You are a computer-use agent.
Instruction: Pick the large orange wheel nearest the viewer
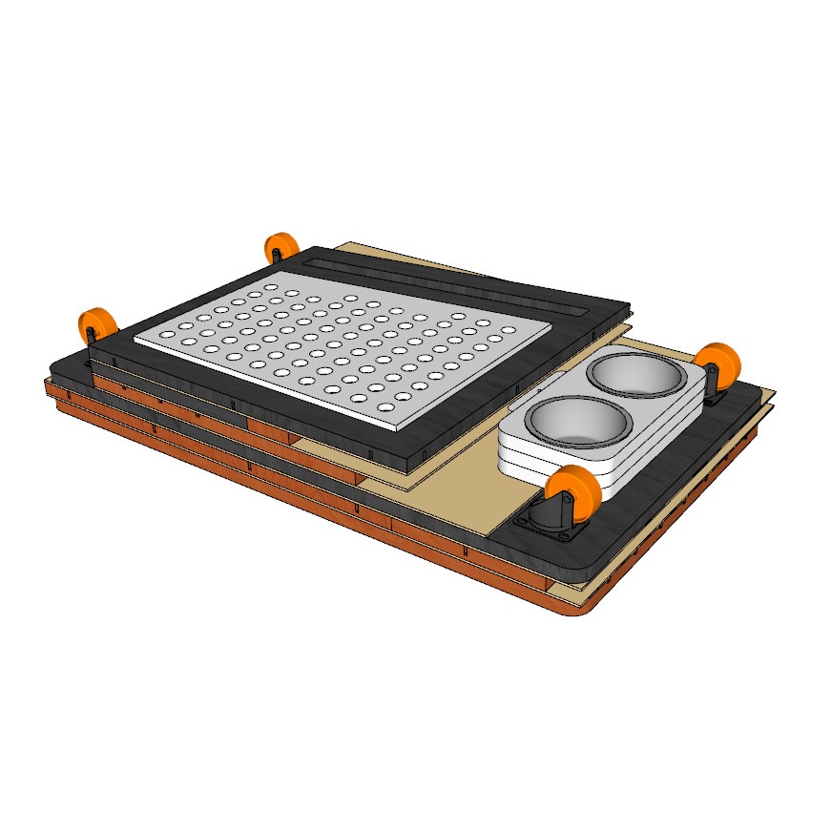[578, 492]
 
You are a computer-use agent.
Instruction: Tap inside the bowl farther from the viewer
[636, 375]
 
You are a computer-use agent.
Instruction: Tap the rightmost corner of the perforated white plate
[551, 330]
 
